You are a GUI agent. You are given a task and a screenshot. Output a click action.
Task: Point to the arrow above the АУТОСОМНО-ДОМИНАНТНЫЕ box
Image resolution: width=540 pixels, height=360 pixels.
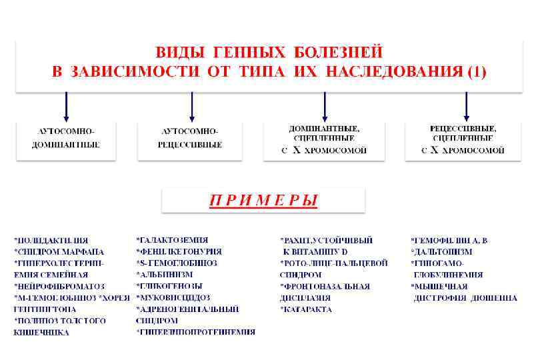pyautogui.click(x=66, y=107)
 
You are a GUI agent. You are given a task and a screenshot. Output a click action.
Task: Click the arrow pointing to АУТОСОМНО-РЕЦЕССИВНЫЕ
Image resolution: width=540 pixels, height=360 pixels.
pyautogui.click(x=192, y=107)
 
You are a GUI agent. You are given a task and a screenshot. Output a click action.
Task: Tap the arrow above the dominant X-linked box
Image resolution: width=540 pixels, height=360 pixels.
pyautogui.click(x=324, y=107)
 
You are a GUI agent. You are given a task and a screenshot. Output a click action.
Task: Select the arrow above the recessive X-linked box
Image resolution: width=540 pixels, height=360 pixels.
pyautogui.click(x=466, y=107)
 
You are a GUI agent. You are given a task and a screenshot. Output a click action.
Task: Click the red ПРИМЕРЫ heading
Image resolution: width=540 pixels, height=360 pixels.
pyautogui.click(x=264, y=200)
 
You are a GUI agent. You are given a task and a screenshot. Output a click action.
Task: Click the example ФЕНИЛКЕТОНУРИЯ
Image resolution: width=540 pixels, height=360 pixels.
pyautogui.click(x=179, y=251)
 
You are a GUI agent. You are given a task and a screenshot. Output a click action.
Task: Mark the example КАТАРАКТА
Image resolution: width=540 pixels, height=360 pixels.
pyautogui.click(x=307, y=309)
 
